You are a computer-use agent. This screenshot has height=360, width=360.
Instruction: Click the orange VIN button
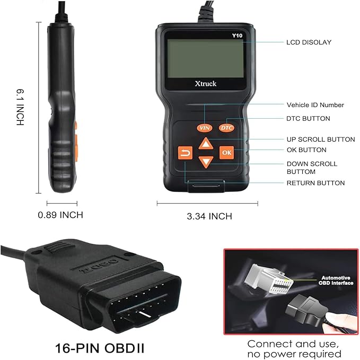pos(204,127)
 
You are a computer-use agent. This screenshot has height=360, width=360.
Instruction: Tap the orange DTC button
pos(227,127)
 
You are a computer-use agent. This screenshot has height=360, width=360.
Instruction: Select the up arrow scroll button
pos(206,143)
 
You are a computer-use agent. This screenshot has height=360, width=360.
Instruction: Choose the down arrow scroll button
pos(206,162)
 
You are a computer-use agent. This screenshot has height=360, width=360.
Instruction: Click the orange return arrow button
pos(185,153)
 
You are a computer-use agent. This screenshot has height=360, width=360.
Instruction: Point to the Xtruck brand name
pos(205,83)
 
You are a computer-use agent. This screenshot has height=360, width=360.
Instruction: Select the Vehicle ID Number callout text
pos(315,105)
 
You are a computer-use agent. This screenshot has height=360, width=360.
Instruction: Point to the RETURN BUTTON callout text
pos(315,183)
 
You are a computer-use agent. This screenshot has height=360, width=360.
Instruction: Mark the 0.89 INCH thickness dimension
pos(60,215)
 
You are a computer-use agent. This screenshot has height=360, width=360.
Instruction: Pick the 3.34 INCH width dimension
pos(209,216)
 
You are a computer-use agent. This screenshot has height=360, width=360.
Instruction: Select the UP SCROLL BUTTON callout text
pos(321,139)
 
